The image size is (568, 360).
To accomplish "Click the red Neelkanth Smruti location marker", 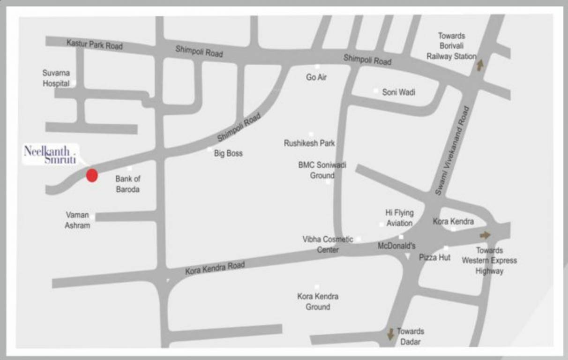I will (x=92, y=175).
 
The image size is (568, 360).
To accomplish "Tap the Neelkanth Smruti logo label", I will (x=50, y=155).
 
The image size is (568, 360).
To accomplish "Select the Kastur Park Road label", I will (x=94, y=45).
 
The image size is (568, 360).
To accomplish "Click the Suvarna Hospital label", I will (x=56, y=78).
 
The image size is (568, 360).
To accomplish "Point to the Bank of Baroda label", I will (x=127, y=184).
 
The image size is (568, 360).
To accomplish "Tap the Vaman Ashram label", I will (x=77, y=220).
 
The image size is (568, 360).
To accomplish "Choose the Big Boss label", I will (x=228, y=153).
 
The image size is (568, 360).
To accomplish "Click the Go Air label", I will (x=316, y=77).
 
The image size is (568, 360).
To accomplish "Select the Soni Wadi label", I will (x=398, y=92).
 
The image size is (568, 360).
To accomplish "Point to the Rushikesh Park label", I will (x=309, y=143).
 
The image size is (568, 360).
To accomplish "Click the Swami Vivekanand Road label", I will (x=452, y=151).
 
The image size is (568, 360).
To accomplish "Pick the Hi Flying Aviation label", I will (x=399, y=218).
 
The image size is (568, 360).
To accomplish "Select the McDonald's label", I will (x=396, y=246).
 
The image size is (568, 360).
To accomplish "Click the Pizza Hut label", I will (x=434, y=257).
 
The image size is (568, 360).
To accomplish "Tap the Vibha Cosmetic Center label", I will (x=328, y=244).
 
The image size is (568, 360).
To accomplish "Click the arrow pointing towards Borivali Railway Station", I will (x=479, y=65).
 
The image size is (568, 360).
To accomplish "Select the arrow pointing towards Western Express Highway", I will (x=485, y=235).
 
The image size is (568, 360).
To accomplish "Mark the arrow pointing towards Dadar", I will (x=390, y=334).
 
